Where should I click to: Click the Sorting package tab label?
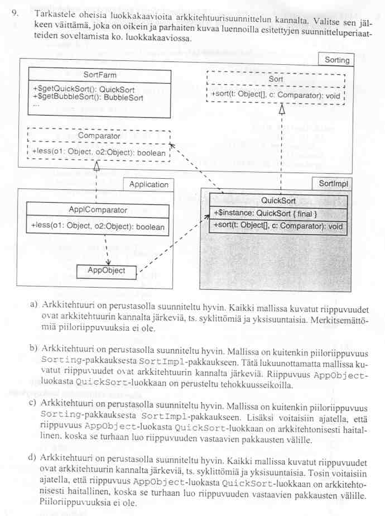(x=336, y=60)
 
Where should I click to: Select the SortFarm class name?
(x=99, y=74)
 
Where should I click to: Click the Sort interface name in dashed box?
(x=276, y=79)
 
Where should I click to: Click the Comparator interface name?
(x=99, y=136)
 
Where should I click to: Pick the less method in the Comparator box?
(x=99, y=152)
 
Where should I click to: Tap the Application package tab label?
(x=148, y=184)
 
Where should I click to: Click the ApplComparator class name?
(x=98, y=211)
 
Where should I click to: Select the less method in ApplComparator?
(x=98, y=227)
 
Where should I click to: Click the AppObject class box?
(x=107, y=271)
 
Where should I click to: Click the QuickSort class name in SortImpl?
(x=278, y=201)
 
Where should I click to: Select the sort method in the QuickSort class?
(x=278, y=226)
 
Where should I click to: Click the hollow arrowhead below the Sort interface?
(x=282, y=109)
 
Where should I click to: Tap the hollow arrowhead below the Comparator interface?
(x=97, y=166)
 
